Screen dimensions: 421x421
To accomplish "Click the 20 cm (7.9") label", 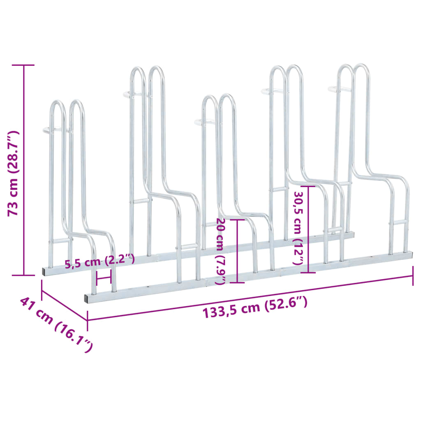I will pyautogui.click(x=220, y=251).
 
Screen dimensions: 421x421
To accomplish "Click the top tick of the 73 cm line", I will pyautogui.click(x=23, y=65).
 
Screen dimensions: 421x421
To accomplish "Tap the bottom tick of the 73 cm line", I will pyautogui.click(x=23, y=275).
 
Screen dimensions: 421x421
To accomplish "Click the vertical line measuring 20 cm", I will pyautogui.click(x=237, y=251).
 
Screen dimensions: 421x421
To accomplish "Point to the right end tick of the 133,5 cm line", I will pyautogui.click(x=412, y=276).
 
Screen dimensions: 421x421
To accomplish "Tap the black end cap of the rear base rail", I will pyautogui.click(x=44, y=271).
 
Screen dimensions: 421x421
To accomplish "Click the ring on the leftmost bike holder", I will pyautogui.click(x=49, y=131).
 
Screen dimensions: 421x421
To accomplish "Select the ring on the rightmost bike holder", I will pyautogui.click(x=337, y=88).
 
